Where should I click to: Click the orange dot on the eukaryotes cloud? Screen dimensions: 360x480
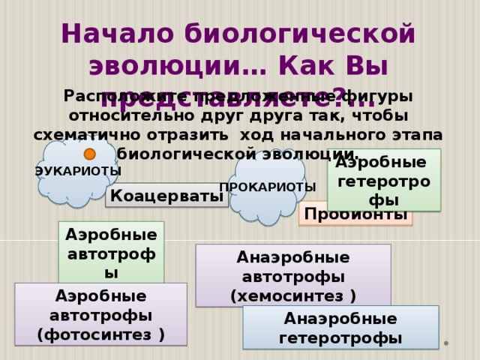pyautogui.click(x=89, y=154)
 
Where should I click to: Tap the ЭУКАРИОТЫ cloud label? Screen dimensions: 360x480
pyautogui.click(x=78, y=172)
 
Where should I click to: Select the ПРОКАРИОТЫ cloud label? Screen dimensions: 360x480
pyautogui.click(x=268, y=187)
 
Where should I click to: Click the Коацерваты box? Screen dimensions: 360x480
pyautogui.click(x=168, y=196)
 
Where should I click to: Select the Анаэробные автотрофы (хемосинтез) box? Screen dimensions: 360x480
pyautogui.click(x=293, y=275)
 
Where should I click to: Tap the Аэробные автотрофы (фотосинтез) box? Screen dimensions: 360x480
pyautogui.click(x=100, y=313)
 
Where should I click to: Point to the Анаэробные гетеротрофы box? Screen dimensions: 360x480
pyautogui.click(x=340, y=328)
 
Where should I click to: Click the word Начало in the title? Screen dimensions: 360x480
pyautogui.click(x=117, y=34)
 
